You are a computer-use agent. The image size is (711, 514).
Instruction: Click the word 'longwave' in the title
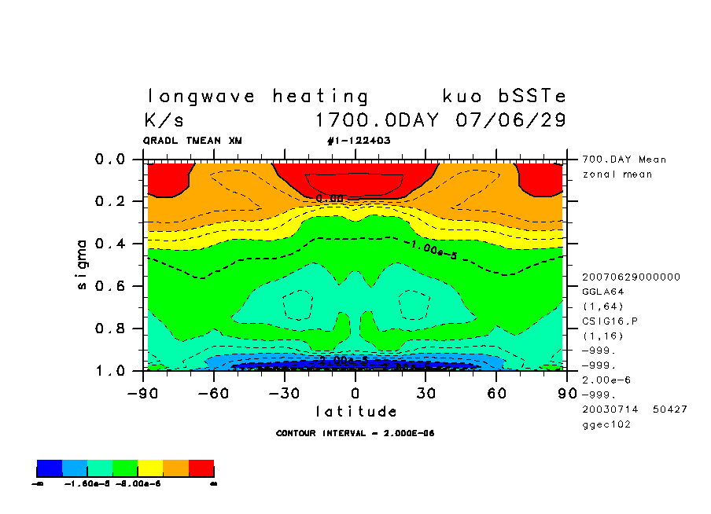201,97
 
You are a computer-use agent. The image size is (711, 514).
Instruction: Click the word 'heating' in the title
320,97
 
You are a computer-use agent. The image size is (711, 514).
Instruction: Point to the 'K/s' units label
164,121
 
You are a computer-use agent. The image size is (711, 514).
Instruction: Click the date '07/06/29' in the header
510,121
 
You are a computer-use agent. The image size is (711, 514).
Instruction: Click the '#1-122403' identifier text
358,141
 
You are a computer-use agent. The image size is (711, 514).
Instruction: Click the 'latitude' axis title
356,411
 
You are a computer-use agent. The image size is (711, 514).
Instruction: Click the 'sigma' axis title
83,264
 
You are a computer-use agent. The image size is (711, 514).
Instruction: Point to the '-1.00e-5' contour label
433,250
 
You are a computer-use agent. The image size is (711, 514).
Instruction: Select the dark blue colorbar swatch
50,469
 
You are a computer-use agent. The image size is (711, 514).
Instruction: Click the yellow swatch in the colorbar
150,469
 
